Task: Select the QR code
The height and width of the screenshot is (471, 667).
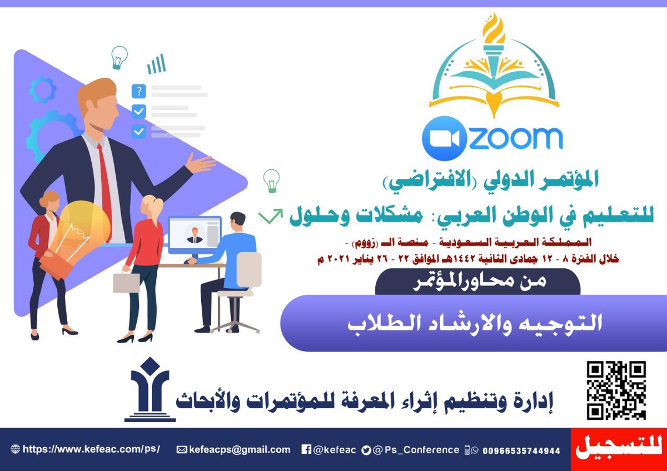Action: click(x=616, y=390)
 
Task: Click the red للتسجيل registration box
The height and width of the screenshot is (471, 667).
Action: click(x=618, y=449)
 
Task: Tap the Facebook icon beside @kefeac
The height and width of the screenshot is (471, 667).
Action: click(x=306, y=450)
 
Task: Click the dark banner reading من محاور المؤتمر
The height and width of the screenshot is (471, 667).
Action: click(x=478, y=282)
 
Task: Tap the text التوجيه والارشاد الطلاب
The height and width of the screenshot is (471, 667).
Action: click(x=475, y=324)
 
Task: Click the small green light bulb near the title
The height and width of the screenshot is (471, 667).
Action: click(x=272, y=180)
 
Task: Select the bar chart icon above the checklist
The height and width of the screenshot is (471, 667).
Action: click(x=156, y=64)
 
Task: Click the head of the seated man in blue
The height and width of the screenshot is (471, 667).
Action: click(x=237, y=222)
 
